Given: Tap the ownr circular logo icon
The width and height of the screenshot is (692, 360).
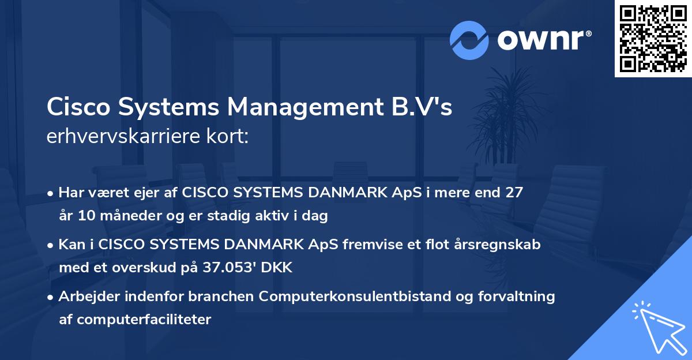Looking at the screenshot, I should [469, 40].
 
